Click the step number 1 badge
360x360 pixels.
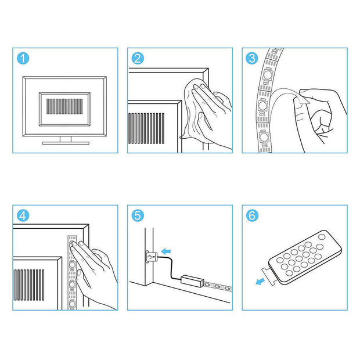tap(23, 58)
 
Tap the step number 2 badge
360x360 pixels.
tap(138, 58)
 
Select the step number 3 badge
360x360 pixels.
tap(252, 58)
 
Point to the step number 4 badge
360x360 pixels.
tap(23, 215)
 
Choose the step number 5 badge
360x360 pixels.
tap(138, 215)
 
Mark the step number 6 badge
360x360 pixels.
tap(252, 215)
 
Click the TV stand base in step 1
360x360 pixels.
tap(66, 143)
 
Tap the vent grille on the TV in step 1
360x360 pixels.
tap(64, 106)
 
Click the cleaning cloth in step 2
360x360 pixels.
tap(195, 108)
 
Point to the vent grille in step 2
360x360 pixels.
tap(146, 128)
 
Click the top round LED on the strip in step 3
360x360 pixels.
tap(268, 75)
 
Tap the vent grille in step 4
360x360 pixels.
tap(29, 285)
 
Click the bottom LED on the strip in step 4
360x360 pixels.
tap(72, 304)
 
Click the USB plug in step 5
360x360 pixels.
tap(152, 256)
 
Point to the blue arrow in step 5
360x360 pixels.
tap(165, 251)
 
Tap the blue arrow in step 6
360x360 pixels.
tap(260, 281)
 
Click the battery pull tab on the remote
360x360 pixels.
tap(270, 276)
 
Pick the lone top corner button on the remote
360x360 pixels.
tap(322, 237)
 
